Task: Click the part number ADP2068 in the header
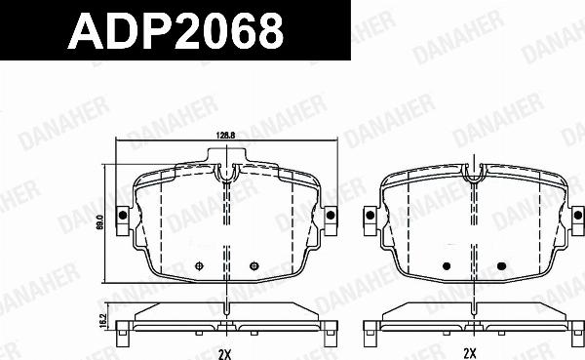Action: [x=175, y=33]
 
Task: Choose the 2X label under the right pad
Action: [x=472, y=350]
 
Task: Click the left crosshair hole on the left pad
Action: [x=199, y=266]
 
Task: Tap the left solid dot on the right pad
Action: [x=448, y=266]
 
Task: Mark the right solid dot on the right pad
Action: [x=501, y=266]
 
